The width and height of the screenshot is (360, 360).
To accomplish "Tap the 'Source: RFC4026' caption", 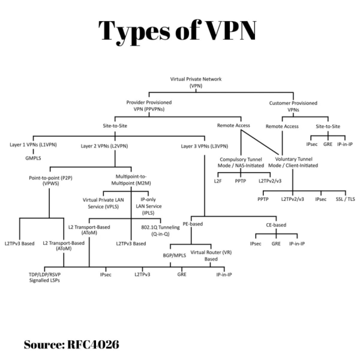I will [x=71, y=344].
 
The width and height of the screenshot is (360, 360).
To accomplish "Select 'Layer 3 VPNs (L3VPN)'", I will [x=204, y=145].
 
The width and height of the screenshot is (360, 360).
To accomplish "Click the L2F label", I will [x=218, y=180].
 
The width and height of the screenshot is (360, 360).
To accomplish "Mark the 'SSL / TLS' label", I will [x=346, y=199].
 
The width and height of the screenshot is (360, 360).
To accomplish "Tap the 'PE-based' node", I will [x=193, y=224].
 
